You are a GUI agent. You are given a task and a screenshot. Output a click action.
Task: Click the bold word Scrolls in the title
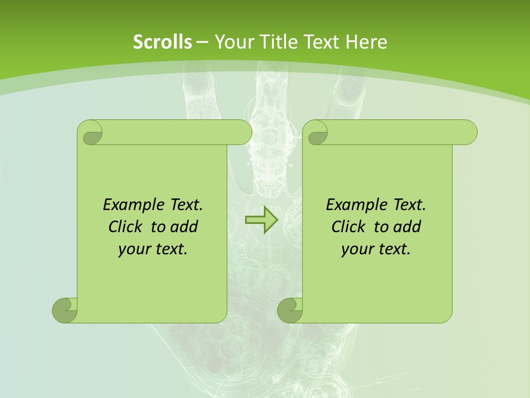[162, 42]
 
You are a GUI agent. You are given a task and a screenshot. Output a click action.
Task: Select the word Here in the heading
[366, 42]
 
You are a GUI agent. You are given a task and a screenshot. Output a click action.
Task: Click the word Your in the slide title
[232, 42]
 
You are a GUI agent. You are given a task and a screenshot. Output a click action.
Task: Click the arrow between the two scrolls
[261, 219]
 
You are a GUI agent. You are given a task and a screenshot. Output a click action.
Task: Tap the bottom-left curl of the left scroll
[65, 310]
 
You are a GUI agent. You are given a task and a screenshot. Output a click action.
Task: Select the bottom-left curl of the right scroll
[290, 310]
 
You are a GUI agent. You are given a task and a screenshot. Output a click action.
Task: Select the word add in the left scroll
[184, 227]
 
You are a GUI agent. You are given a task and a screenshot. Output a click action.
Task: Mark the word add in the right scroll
[407, 227]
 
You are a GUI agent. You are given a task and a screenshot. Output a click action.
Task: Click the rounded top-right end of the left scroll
[243, 133]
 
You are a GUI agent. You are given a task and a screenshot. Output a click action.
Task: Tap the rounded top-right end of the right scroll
[468, 133]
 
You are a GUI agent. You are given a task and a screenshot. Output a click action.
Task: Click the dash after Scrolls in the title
[202, 42]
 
